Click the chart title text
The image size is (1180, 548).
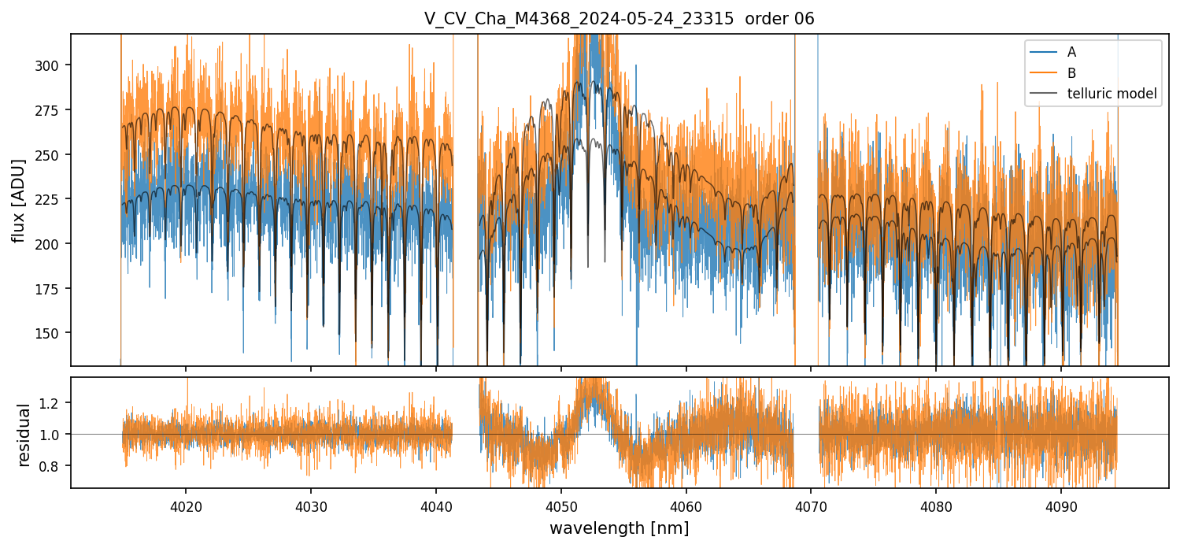click(x=619, y=19)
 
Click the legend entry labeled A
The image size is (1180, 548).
click(x=1071, y=52)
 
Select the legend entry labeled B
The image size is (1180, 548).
click(x=1071, y=73)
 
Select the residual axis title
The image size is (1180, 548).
click(x=24, y=434)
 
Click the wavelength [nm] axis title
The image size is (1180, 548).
click(x=619, y=528)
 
